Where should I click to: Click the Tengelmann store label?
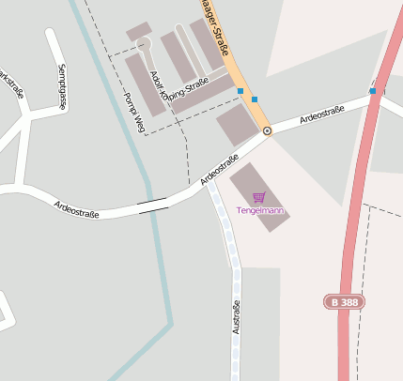pos(260,211)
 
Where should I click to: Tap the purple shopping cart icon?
pos(259,197)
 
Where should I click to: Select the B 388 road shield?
pos(344,302)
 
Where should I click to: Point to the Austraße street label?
pos(236,317)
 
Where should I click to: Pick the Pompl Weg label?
pos(133,111)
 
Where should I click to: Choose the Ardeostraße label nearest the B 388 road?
pos(322,115)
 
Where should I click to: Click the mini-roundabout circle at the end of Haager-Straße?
pos(267,130)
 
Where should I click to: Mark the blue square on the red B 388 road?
pos(372,91)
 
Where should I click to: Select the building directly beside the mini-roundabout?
pos(237,124)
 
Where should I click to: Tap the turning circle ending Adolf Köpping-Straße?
pos(143,43)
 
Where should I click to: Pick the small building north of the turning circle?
pos(138,31)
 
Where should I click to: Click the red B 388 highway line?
pos(352,235)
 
